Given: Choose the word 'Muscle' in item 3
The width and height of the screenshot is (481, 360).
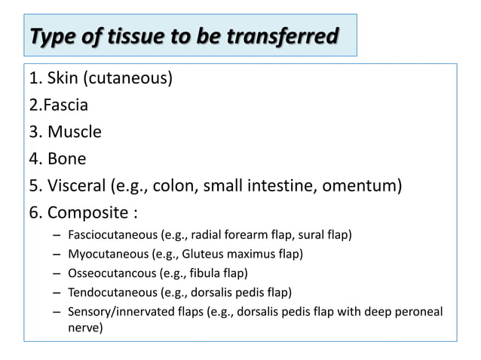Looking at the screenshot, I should [75, 132].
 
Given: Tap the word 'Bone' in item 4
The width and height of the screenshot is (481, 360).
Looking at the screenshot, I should [67, 159].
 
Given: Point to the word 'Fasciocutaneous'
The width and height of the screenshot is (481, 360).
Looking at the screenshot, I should [108, 235].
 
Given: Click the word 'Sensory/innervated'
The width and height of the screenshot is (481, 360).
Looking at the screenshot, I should [115, 310].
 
